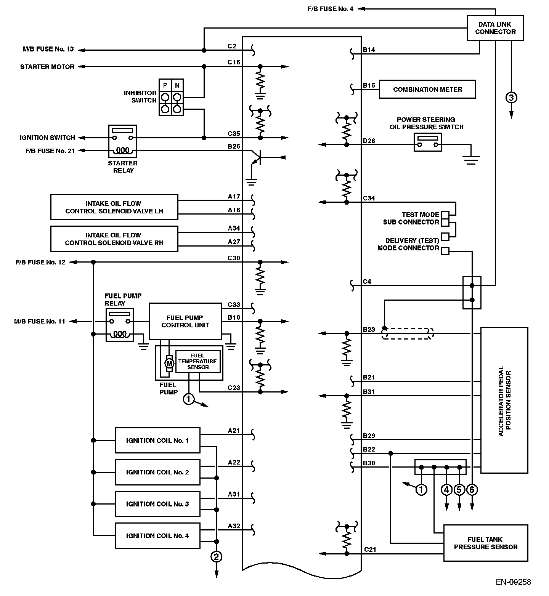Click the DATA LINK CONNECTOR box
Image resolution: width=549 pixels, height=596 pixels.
point(495,28)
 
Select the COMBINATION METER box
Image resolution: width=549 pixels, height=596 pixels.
point(427,89)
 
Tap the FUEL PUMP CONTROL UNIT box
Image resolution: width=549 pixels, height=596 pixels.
point(185,321)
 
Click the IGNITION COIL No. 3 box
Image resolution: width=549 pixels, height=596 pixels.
point(157,504)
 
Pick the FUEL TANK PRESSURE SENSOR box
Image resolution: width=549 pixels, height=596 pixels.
point(486,543)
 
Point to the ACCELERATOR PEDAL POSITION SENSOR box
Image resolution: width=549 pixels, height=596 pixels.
point(504,400)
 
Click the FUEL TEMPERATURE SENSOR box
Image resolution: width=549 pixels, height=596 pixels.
point(197,361)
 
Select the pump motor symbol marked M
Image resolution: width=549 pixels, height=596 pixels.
point(169,364)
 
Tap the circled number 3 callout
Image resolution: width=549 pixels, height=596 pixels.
point(511,98)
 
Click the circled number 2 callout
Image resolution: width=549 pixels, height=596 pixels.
point(216,557)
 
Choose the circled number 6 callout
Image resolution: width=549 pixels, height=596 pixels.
point(472,489)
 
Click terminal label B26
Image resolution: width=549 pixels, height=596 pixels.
point(234,146)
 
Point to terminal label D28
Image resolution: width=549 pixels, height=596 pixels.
point(369,141)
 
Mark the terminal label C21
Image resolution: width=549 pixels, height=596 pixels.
point(370,549)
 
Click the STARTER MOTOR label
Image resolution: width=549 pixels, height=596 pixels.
point(47,67)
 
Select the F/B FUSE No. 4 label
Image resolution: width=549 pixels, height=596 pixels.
point(331,9)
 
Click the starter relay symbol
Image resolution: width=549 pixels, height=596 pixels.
point(122,141)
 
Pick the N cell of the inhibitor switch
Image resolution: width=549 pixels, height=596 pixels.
point(177,85)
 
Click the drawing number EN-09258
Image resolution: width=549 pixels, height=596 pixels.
point(513,582)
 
